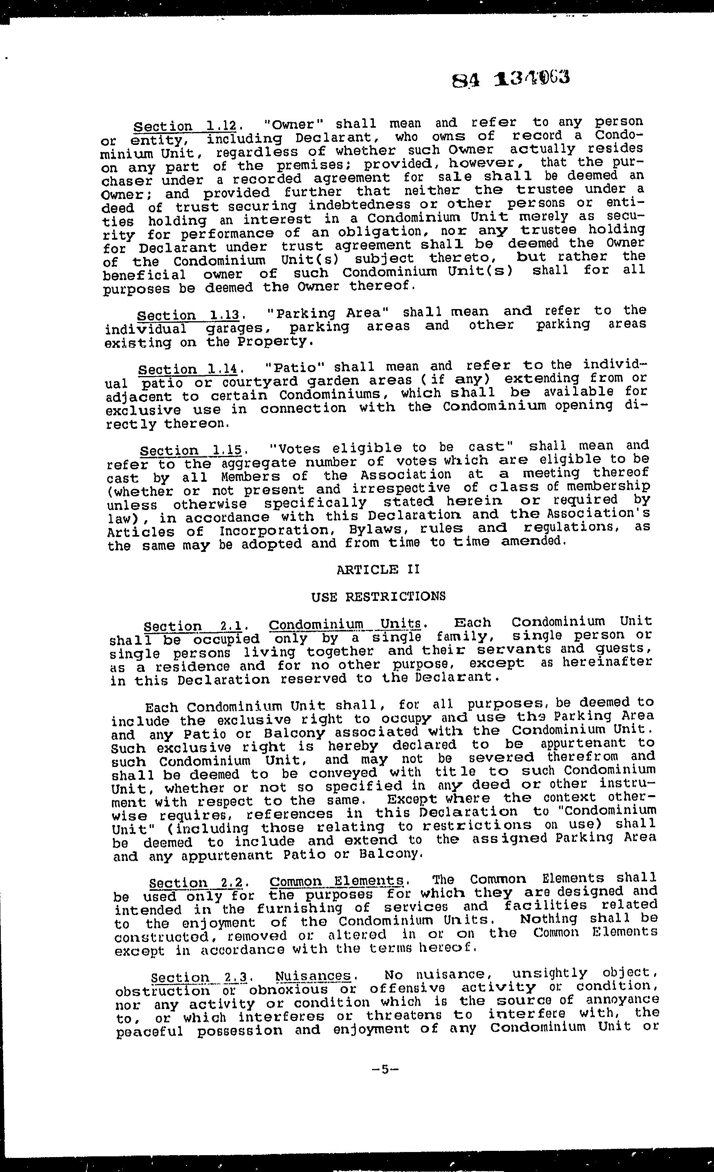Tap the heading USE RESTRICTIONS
tap(379, 596)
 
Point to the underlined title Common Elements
tap(337, 881)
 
